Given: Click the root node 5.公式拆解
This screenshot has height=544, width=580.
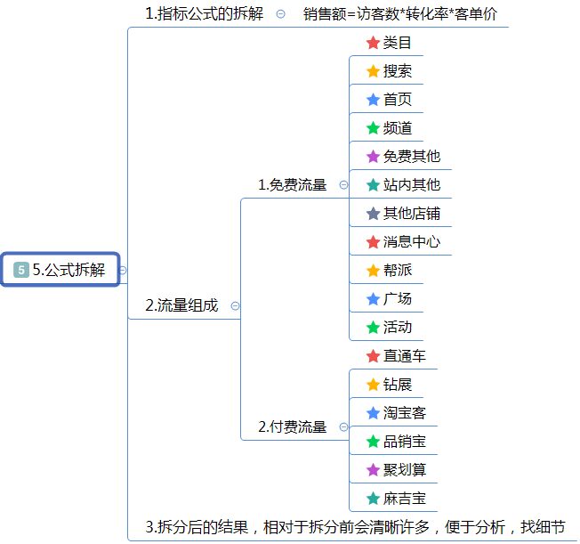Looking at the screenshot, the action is (60, 270).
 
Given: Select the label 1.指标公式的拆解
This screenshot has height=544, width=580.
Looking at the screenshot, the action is (204, 14).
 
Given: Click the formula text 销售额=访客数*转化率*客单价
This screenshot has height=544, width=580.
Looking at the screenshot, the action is (399, 14).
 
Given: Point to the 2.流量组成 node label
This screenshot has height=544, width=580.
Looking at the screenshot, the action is (181, 305).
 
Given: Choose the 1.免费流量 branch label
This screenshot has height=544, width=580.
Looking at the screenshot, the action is (292, 185).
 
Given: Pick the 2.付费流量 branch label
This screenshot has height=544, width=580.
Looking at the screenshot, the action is (292, 427).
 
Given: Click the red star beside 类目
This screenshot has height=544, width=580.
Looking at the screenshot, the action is (373, 43).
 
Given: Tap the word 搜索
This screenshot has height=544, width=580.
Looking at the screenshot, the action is (398, 71).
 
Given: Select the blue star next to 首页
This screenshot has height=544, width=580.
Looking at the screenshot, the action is (373, 100).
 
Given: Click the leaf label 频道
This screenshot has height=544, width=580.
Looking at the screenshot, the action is (398, 128).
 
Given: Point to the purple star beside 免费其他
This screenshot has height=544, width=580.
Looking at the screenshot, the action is (373, 157).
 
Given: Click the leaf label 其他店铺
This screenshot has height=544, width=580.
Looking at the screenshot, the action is (412, 214).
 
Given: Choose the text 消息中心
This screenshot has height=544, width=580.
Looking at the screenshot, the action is (412, 242).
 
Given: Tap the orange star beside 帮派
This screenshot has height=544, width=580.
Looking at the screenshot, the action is (373, 271).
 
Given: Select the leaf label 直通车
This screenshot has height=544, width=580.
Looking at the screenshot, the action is (405, 356).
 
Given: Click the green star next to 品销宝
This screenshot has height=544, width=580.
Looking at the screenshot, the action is (373, 442).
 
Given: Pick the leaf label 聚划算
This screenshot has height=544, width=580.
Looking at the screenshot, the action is (405, 470).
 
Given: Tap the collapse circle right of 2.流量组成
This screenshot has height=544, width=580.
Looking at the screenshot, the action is (235, 305).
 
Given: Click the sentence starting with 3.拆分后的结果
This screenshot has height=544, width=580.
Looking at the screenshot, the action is (355, 527).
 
